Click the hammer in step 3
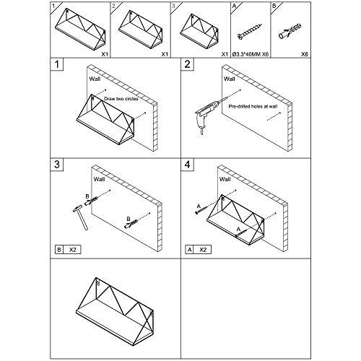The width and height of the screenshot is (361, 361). click(x=81, y=217)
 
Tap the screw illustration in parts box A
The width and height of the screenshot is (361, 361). click(x=250, y=31)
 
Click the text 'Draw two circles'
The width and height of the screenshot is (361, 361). click(x=121, y=99)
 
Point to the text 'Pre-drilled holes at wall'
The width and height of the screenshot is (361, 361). click(x=253, y=106)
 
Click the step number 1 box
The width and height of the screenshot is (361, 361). click(x=57, y=64)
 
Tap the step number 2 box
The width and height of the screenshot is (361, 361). click(x=187, y=64)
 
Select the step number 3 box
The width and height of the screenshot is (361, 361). click(x=57, y=165)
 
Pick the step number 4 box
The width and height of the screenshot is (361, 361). click(x=187, y=165)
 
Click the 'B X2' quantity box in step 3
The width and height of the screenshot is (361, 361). click(x=68, y=250)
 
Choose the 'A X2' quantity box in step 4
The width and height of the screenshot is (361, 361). click(x=198, y=250)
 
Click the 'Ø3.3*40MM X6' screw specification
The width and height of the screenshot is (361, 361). click(x=251, y=54)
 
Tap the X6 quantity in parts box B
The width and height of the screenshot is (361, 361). click(x=305, y=54)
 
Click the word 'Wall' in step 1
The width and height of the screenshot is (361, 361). click(x=95, y=79)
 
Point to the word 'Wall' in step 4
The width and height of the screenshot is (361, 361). click(x=225, y=179)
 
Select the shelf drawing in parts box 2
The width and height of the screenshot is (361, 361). click(x=141, y=30)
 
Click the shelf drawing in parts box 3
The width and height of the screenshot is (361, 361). click(x=199, y=31)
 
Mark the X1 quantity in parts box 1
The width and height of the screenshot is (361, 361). click(x=105, y=54)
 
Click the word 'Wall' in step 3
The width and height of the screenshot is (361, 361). click(x=99, y=179)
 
